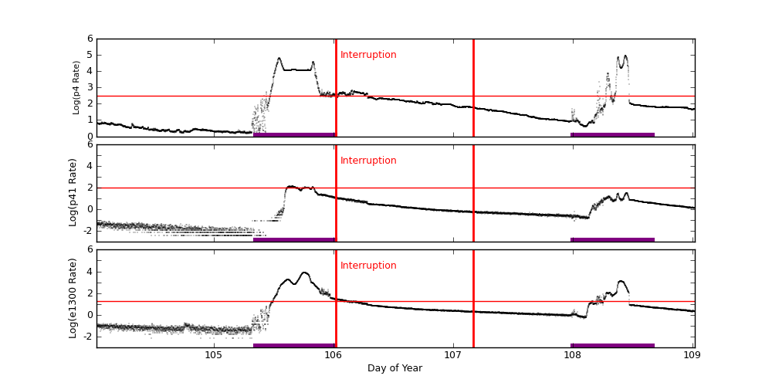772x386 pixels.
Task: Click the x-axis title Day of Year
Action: (394, 368)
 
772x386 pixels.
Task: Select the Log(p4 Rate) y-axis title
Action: (76, 87)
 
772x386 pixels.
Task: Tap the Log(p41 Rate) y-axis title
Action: (73, 192)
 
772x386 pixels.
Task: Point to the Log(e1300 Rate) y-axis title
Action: (73, 298)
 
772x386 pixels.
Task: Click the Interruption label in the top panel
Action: (368, 55)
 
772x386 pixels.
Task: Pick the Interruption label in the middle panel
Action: (368, 161)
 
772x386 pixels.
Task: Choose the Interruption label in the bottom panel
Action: (368, 266)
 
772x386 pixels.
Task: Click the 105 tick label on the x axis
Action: (214, 355)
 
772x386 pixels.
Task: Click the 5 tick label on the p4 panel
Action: (90, 55)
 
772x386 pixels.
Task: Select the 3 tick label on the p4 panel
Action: (90, 87)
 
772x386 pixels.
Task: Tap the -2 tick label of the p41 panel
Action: (88, 230)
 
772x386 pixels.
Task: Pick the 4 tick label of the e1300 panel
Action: (90, 271)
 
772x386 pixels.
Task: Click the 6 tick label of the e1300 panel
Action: (90, 249)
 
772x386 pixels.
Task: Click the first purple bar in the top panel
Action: (294, 134)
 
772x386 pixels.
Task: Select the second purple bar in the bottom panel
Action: (613, 345)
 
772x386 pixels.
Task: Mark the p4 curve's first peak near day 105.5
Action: (279, 58)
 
